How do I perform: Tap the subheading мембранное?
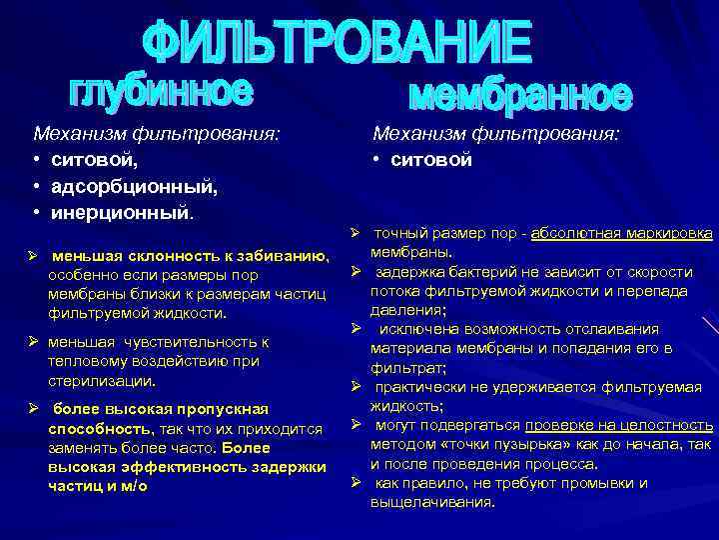[521, 96]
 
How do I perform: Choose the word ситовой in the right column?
[431, 160]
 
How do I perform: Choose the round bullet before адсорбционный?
[36, 187]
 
